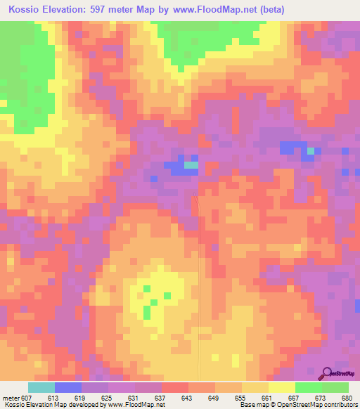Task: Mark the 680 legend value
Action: tap(346, 398)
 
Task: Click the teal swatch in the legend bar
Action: tap(41, 388)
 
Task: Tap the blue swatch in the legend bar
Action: tap(68, 388)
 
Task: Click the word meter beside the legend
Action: tap(11, 398)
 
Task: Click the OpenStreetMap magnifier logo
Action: tap(328, 372)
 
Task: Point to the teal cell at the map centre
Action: tap(191, 166)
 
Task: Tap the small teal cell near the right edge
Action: tap(311, 150)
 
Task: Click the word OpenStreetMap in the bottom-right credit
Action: tap(293, 405)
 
